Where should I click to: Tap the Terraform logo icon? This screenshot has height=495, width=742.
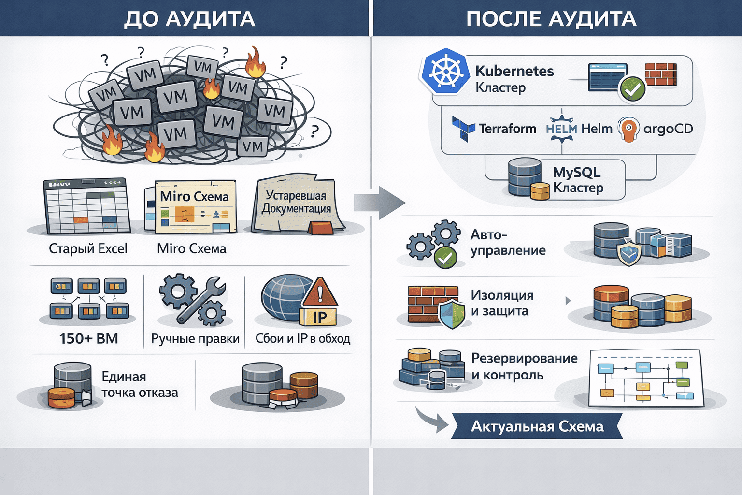[463, 128]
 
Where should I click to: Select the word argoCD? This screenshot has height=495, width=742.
[668, 129]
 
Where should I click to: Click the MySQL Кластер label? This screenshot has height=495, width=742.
[578, 180]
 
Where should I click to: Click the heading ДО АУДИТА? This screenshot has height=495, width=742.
[189, 19]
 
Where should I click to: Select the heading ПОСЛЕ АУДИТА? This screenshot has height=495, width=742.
[551, 19]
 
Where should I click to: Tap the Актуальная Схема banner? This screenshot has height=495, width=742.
[537, 426]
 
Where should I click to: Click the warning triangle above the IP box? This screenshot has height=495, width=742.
[319, 293]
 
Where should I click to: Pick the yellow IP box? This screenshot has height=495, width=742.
[319, 317]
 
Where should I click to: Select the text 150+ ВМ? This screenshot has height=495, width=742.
[89, 338]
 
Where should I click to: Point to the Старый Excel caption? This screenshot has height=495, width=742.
[88, 248]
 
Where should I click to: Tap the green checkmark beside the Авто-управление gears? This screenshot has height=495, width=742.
[445, 258]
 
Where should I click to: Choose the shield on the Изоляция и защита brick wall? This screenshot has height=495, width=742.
[452, 313]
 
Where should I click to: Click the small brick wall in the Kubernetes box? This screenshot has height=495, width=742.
[661, 74]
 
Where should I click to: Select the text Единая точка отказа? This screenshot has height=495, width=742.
[140, 384]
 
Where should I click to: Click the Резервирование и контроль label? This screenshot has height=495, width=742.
[524, 366]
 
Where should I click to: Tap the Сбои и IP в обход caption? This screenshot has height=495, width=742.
[302, 338]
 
